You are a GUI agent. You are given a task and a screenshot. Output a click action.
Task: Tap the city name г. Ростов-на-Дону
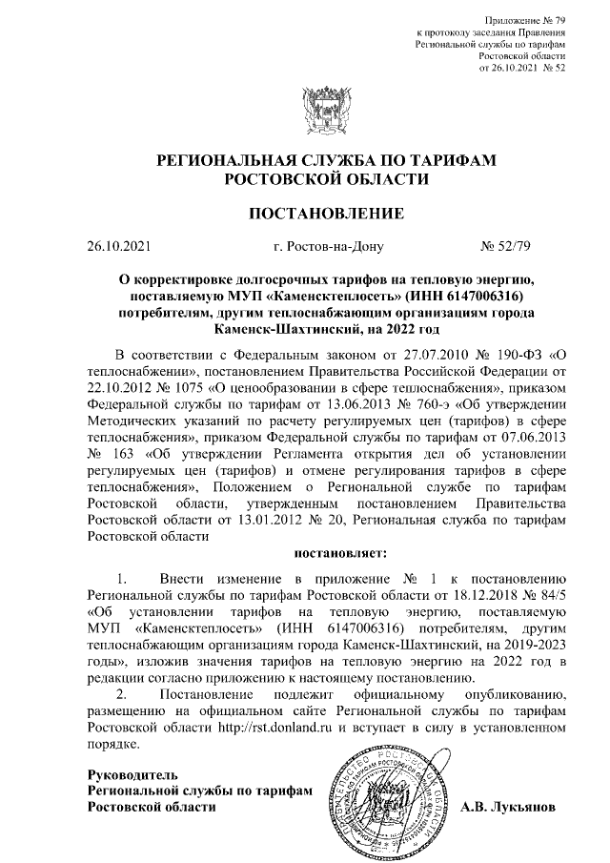click(x=327, y=248)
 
